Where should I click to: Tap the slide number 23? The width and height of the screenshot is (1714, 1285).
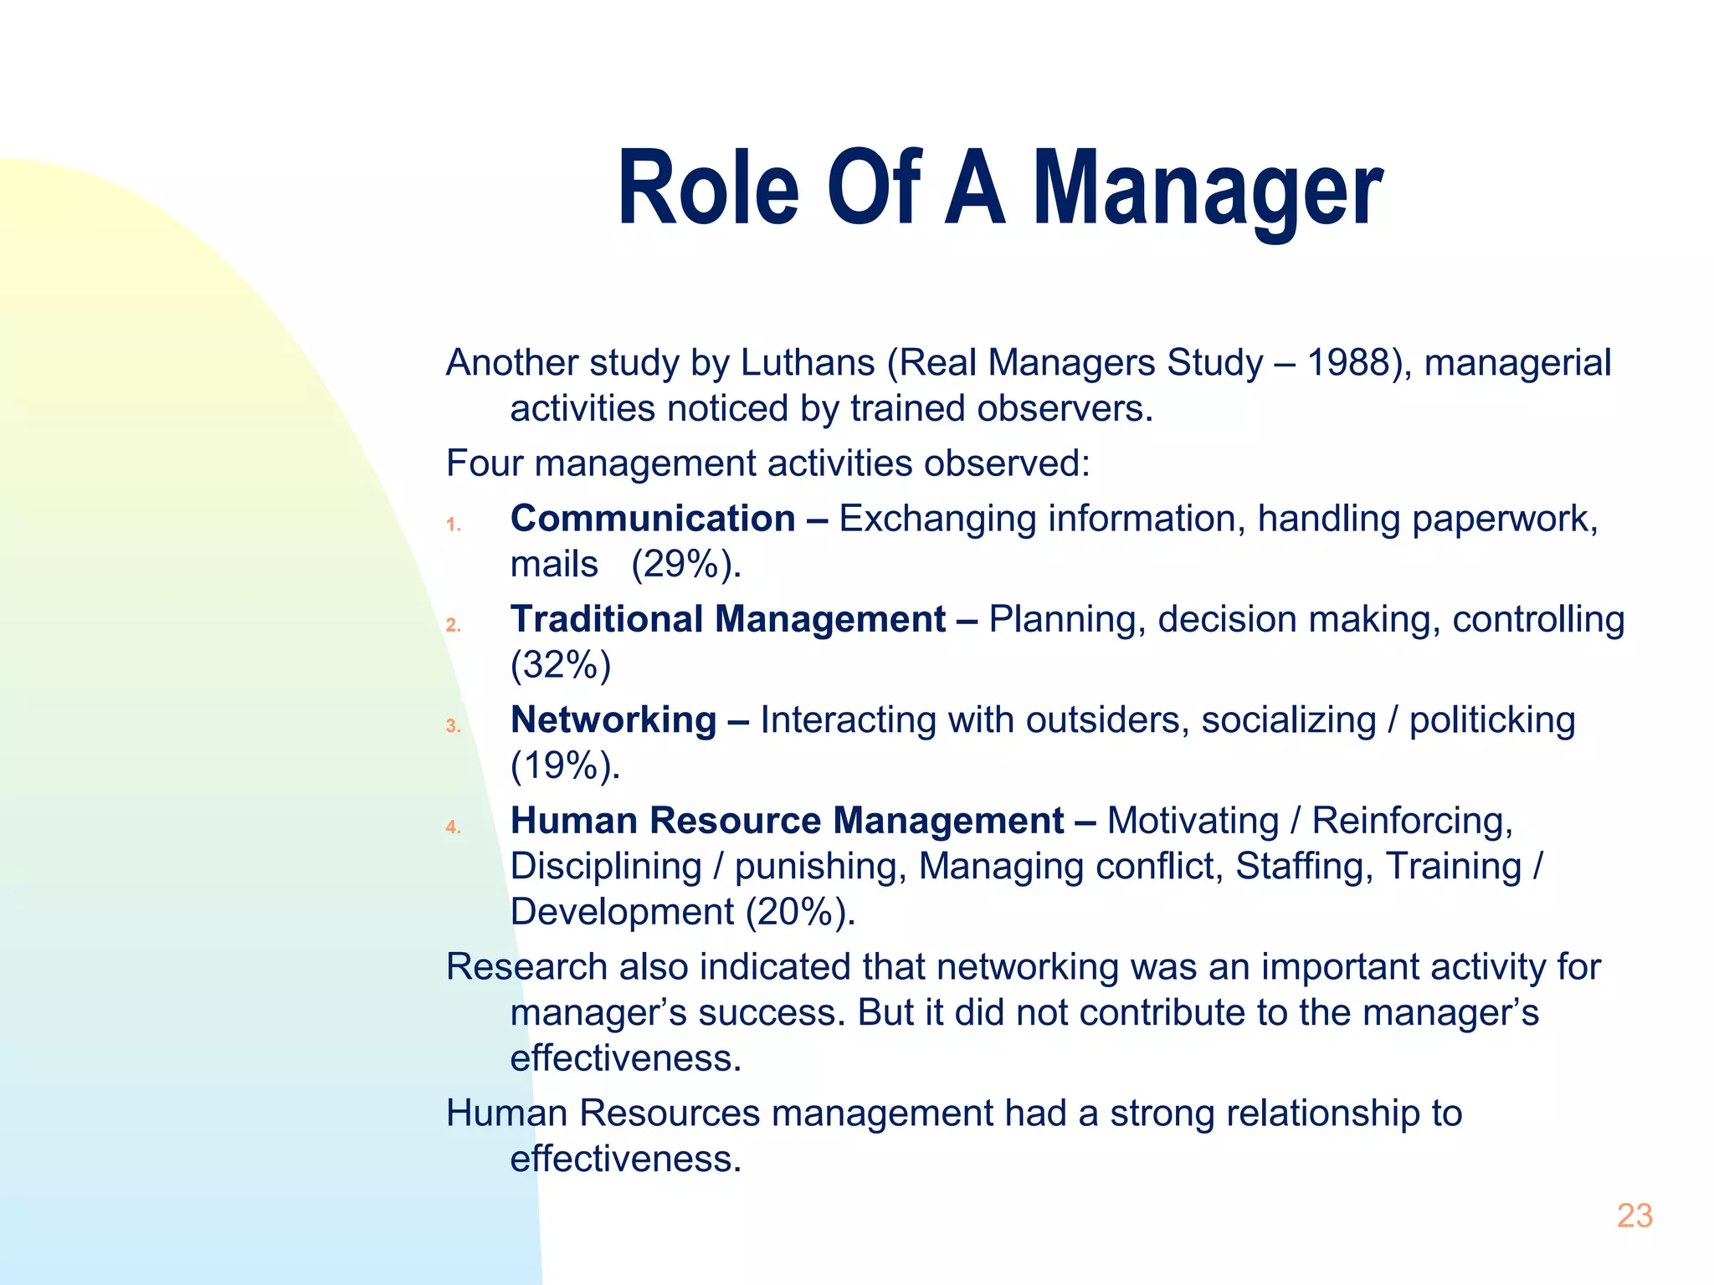1634,1216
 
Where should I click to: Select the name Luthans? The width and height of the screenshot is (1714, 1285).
808,363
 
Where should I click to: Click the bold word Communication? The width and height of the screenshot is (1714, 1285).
653,519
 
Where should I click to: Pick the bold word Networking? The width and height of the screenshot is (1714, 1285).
613,720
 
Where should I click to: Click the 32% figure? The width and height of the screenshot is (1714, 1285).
561,666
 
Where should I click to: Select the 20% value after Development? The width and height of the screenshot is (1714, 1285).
798,912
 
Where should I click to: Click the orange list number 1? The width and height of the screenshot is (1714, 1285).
453,525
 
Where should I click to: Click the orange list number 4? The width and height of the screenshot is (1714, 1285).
453,827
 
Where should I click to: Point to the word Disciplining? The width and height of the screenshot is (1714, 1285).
606,867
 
